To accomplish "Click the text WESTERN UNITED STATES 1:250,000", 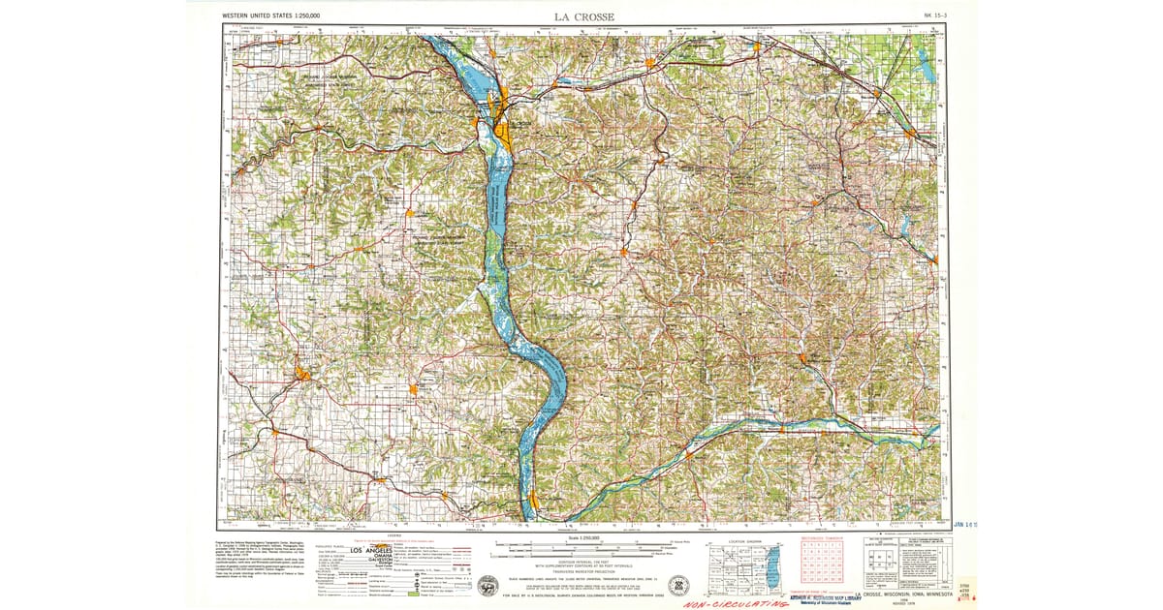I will point(271,16).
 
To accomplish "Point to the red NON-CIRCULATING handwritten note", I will point(735,603).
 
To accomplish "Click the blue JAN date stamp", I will point(964,524).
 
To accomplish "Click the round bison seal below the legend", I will point(488,586).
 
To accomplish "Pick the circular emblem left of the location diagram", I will point(678,584).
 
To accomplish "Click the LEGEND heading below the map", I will point(394,534).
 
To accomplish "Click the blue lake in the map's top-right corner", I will point(926,68).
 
